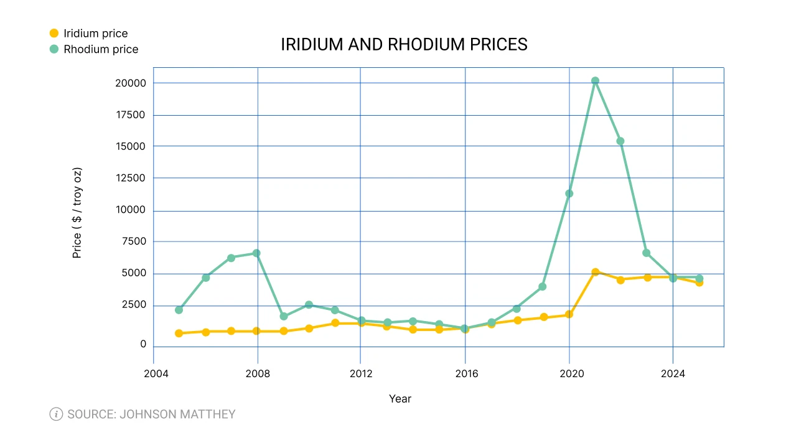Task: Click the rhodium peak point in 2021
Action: point(595,81)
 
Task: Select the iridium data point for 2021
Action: point(595,273)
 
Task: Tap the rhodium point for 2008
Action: point(256,253)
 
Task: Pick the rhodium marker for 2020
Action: point(569,194)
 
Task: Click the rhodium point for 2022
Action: point(620,141)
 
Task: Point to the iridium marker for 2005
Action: point(179,334)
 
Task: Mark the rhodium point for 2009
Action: point(284,316)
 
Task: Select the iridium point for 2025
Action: point(699,282)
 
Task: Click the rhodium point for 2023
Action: point(647,253)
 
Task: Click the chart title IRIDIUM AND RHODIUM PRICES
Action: point(404,45)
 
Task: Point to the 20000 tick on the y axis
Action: point(131,83)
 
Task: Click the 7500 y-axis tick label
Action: point(133,241)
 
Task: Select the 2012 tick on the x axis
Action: point(361,374)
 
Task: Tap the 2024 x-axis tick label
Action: point(673,374)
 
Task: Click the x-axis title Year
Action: point(400,399)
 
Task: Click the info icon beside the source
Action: point(56,414)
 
